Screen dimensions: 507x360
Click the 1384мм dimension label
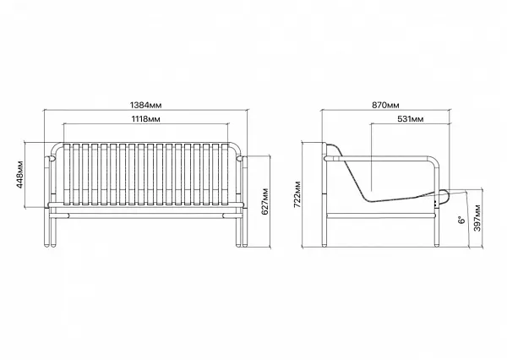point(145,105)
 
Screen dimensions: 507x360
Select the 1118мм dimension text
point(145,119)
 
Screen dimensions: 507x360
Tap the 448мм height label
point(20,174)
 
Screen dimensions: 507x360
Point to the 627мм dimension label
point(265,201)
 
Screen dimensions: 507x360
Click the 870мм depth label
point(385,105)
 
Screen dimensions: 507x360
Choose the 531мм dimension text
point(411,119)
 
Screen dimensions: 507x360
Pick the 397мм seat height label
point(477,218)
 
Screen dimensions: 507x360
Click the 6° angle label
point(461,220)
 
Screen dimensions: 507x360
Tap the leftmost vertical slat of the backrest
point(67,174)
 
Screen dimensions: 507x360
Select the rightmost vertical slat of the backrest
point(225,174)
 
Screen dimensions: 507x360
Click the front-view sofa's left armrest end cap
point(51,159)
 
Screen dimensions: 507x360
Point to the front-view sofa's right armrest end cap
point(240,159)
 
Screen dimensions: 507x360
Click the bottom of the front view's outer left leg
point(46,246)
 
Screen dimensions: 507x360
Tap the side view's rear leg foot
point(324,245)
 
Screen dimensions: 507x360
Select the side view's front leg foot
point(437,245)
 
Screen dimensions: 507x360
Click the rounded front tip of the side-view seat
point(445,194)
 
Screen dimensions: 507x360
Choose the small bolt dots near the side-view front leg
point(435,205)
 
